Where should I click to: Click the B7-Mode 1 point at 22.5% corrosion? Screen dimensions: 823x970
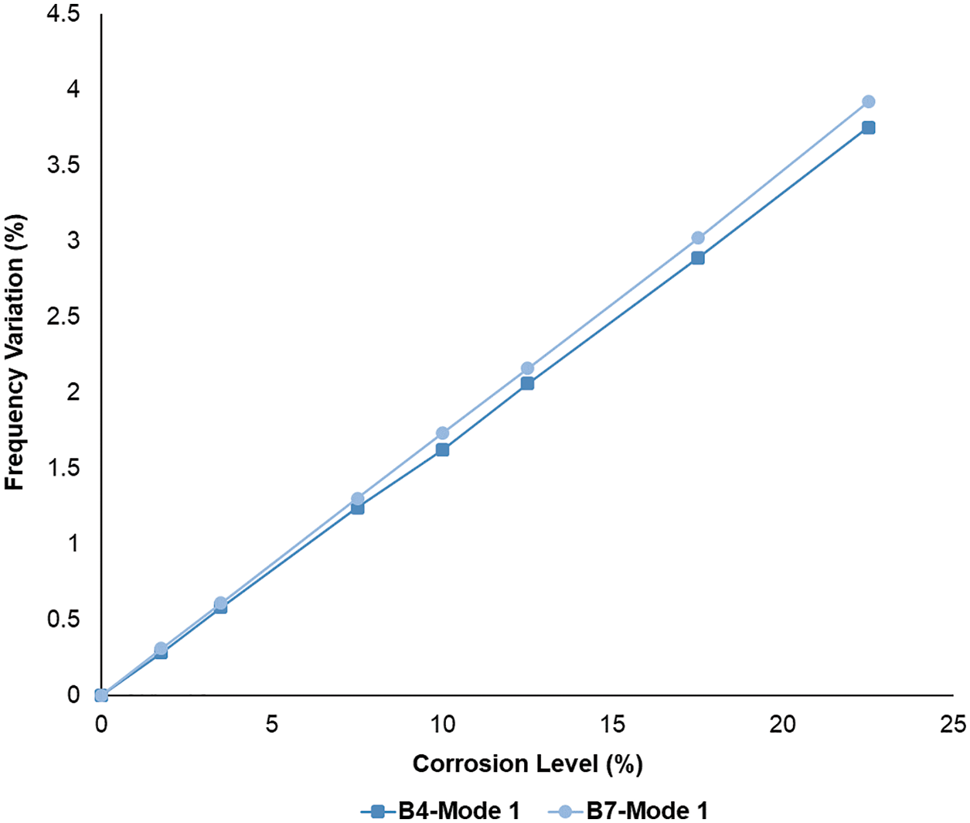868,101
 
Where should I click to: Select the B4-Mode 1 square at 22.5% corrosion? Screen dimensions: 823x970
868,128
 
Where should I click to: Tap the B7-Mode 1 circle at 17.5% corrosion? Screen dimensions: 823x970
698,237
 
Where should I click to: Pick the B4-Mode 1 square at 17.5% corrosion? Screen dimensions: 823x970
698,258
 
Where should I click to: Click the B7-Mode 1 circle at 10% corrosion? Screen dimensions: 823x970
442,433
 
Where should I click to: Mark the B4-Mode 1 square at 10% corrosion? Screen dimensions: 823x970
442,449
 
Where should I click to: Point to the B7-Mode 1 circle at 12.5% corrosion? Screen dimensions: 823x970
527,368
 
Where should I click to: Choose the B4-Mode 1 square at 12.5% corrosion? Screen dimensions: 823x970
527,383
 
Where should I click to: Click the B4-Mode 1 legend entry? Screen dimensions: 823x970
441,811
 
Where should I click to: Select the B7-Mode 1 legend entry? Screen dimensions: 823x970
628,811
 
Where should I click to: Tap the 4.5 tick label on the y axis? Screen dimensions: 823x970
63,15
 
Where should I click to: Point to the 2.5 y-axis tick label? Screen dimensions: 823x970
63,317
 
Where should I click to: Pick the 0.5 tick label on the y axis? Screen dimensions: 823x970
63,620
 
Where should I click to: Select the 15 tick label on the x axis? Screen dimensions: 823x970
613,724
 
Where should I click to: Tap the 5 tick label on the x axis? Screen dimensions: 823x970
271,724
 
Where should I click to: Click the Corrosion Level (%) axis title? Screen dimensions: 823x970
527,764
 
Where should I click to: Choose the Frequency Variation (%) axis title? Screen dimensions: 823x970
15,353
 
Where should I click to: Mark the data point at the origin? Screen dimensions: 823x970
100,695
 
